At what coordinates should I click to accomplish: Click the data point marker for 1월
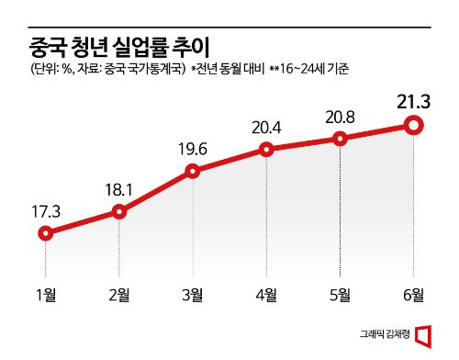point(45,233)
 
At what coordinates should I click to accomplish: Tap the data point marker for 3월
point(193,170)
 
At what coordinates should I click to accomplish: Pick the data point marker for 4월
point(266,149)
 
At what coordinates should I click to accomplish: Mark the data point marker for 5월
point(341,139)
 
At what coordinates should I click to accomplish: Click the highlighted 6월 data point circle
point(414,124)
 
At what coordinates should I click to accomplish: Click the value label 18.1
point(118,189)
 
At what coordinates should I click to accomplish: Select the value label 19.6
point(193,148)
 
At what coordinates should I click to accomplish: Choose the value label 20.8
point(341,117)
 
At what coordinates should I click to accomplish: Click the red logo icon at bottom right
point(423,334)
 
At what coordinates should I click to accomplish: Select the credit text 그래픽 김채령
point(383,335)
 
